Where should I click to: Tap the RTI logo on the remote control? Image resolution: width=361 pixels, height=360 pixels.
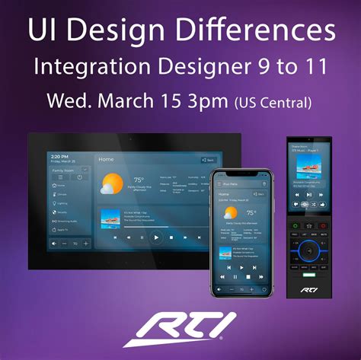click(308, 290)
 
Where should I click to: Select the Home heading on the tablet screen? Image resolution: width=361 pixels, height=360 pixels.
click(106, 159)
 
